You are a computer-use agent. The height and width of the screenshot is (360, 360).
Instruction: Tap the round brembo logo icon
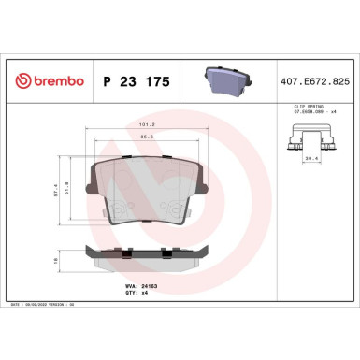pyautogui.click(x=22, y=81)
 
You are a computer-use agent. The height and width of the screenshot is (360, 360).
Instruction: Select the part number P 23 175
pyautogui.click(x=130, y=81)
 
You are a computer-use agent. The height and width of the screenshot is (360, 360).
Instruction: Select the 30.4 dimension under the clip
pyautogui.click(x=310, y=159)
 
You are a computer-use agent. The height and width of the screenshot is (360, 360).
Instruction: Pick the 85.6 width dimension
pyautogui.click(x=146, y=137)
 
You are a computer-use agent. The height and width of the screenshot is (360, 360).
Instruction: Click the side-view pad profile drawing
pyautogui.click(x=146, y=253)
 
